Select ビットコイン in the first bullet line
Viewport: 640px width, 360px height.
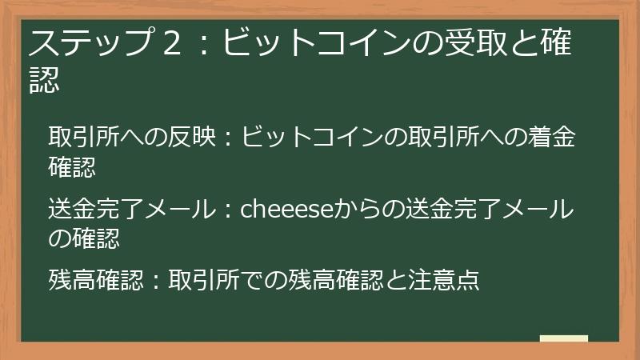click(313, 137)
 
